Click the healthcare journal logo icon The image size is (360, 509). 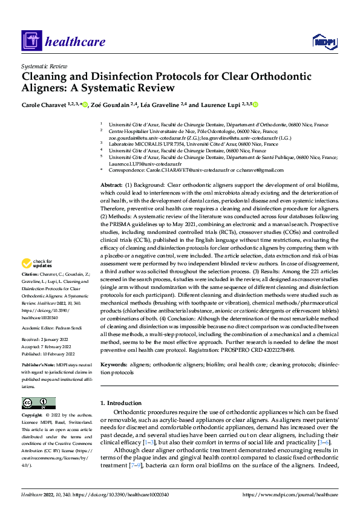(31, 41)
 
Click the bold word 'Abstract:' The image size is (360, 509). (111, 183)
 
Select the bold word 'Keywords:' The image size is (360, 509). (113, 365)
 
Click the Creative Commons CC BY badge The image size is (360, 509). (38, 403)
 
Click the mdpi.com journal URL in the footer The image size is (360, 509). (290, 494)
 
